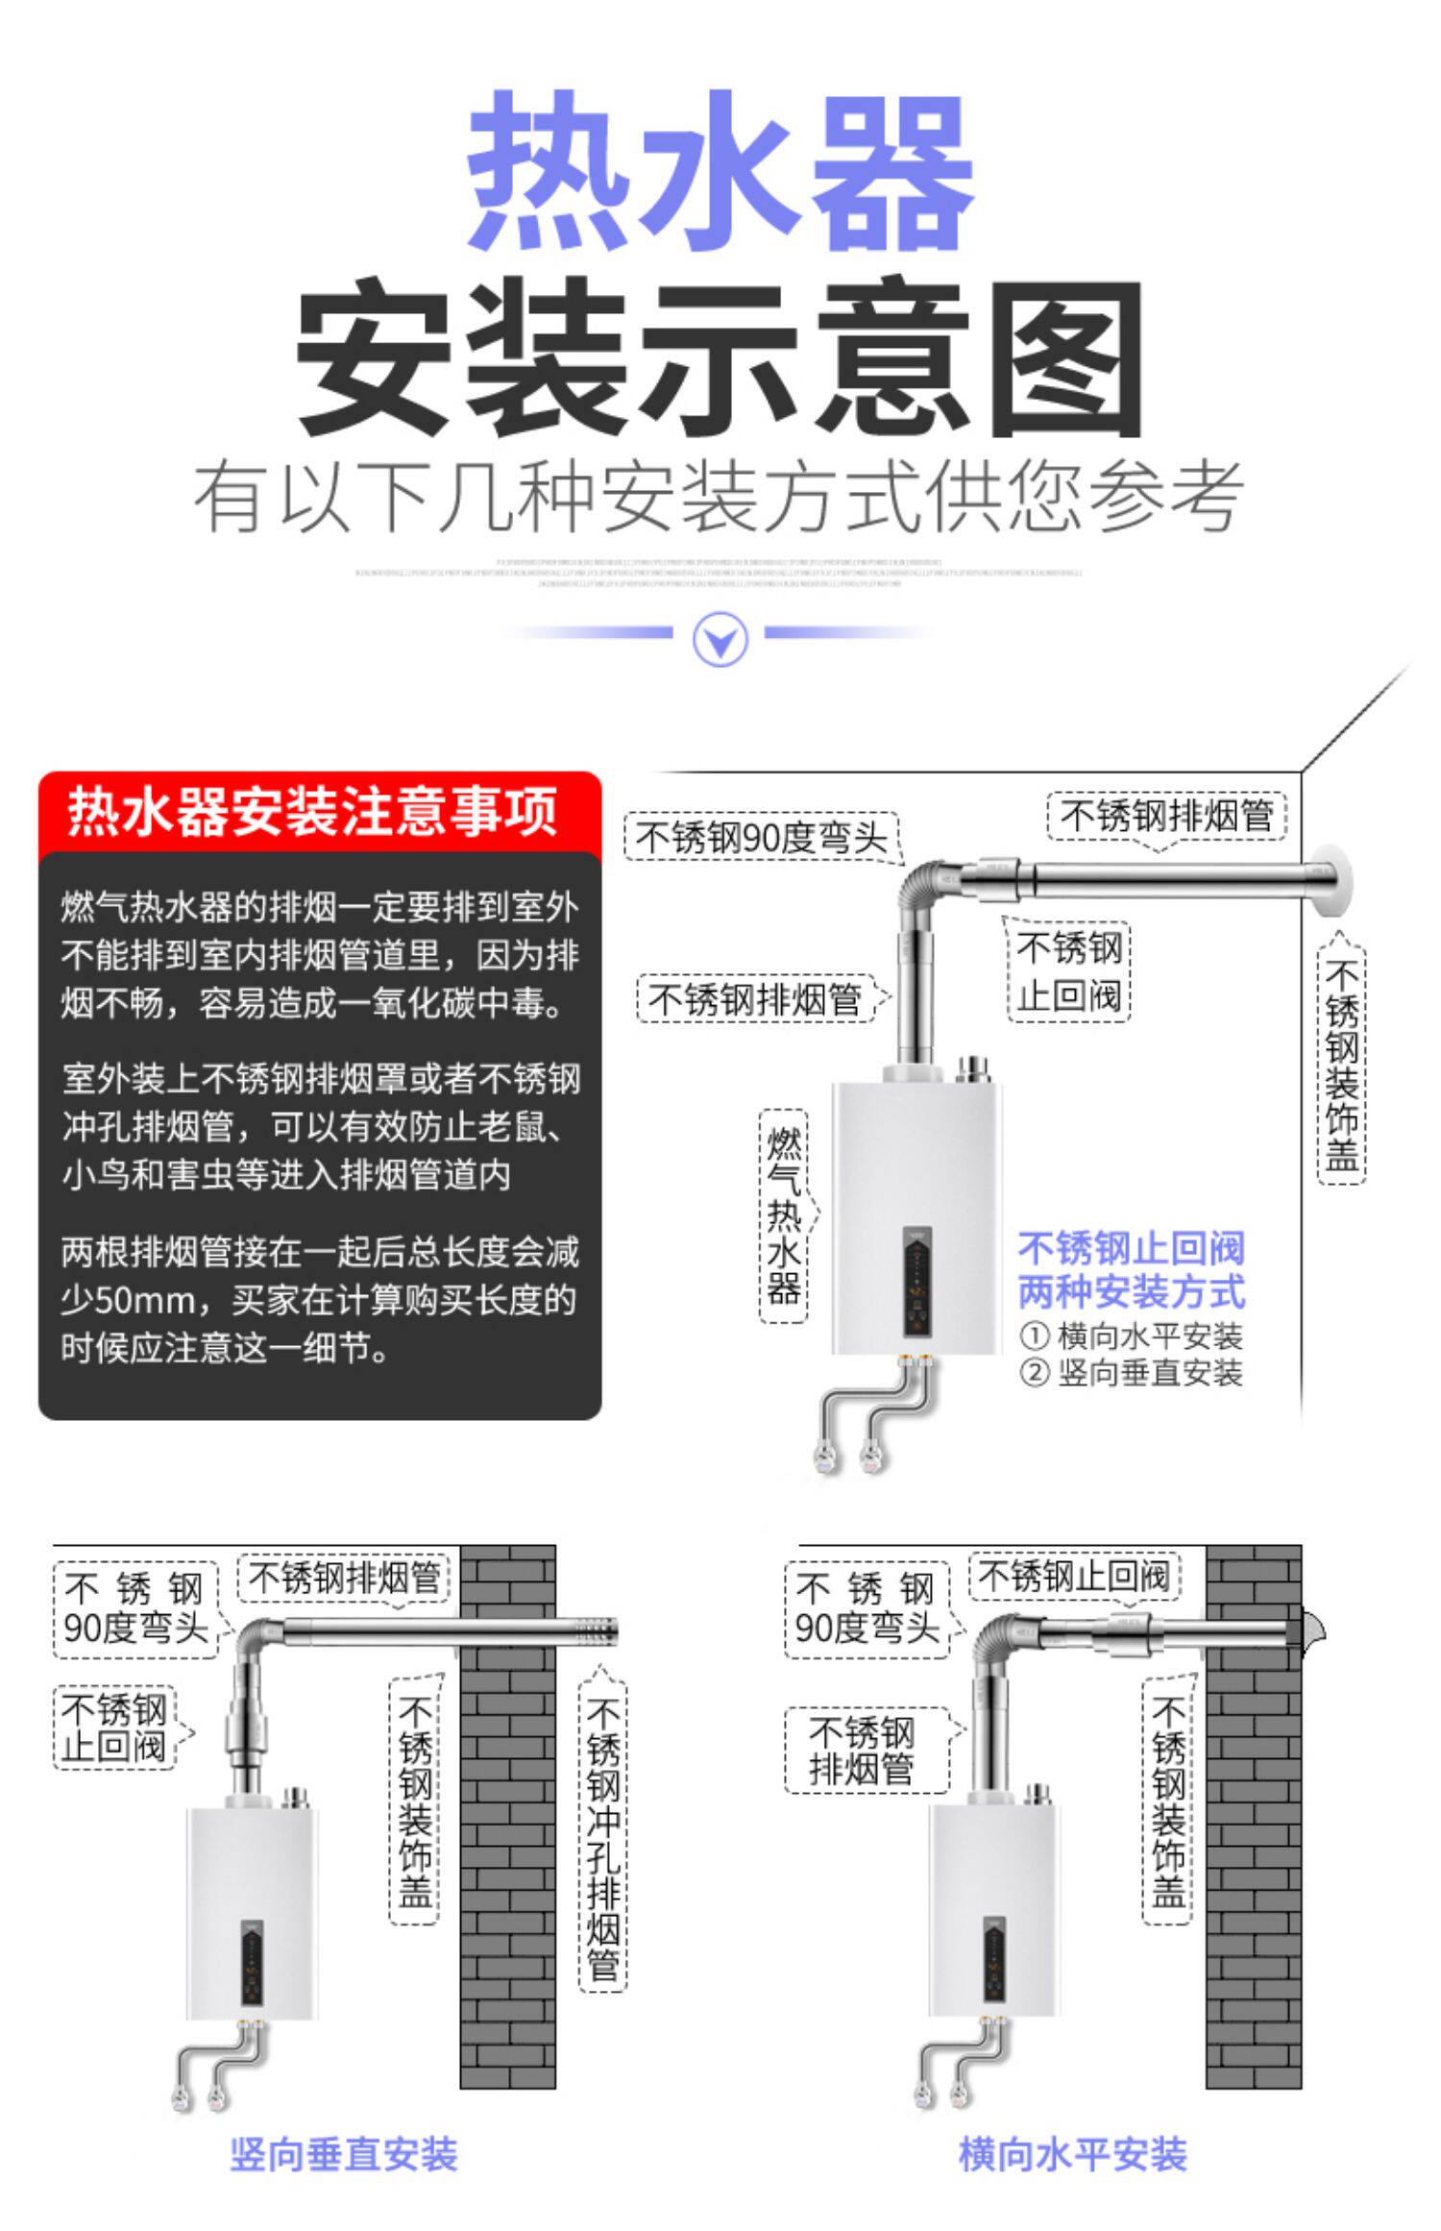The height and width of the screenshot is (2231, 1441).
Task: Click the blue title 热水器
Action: (720, 171)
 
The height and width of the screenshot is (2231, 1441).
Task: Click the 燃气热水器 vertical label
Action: (784, 1215)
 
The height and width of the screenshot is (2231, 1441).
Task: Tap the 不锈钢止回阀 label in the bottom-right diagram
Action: (1073, 1577)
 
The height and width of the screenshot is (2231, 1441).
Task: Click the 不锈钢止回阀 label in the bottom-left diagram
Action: (114, 1728)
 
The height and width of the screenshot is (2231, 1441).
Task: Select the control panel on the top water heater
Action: (919, 1282)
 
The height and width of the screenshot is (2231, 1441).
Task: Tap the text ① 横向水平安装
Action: (1132, 1336)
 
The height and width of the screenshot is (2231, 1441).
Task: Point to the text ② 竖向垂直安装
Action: (1132, 1374)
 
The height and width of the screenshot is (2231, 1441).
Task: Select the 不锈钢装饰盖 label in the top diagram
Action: (1341, 1065)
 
